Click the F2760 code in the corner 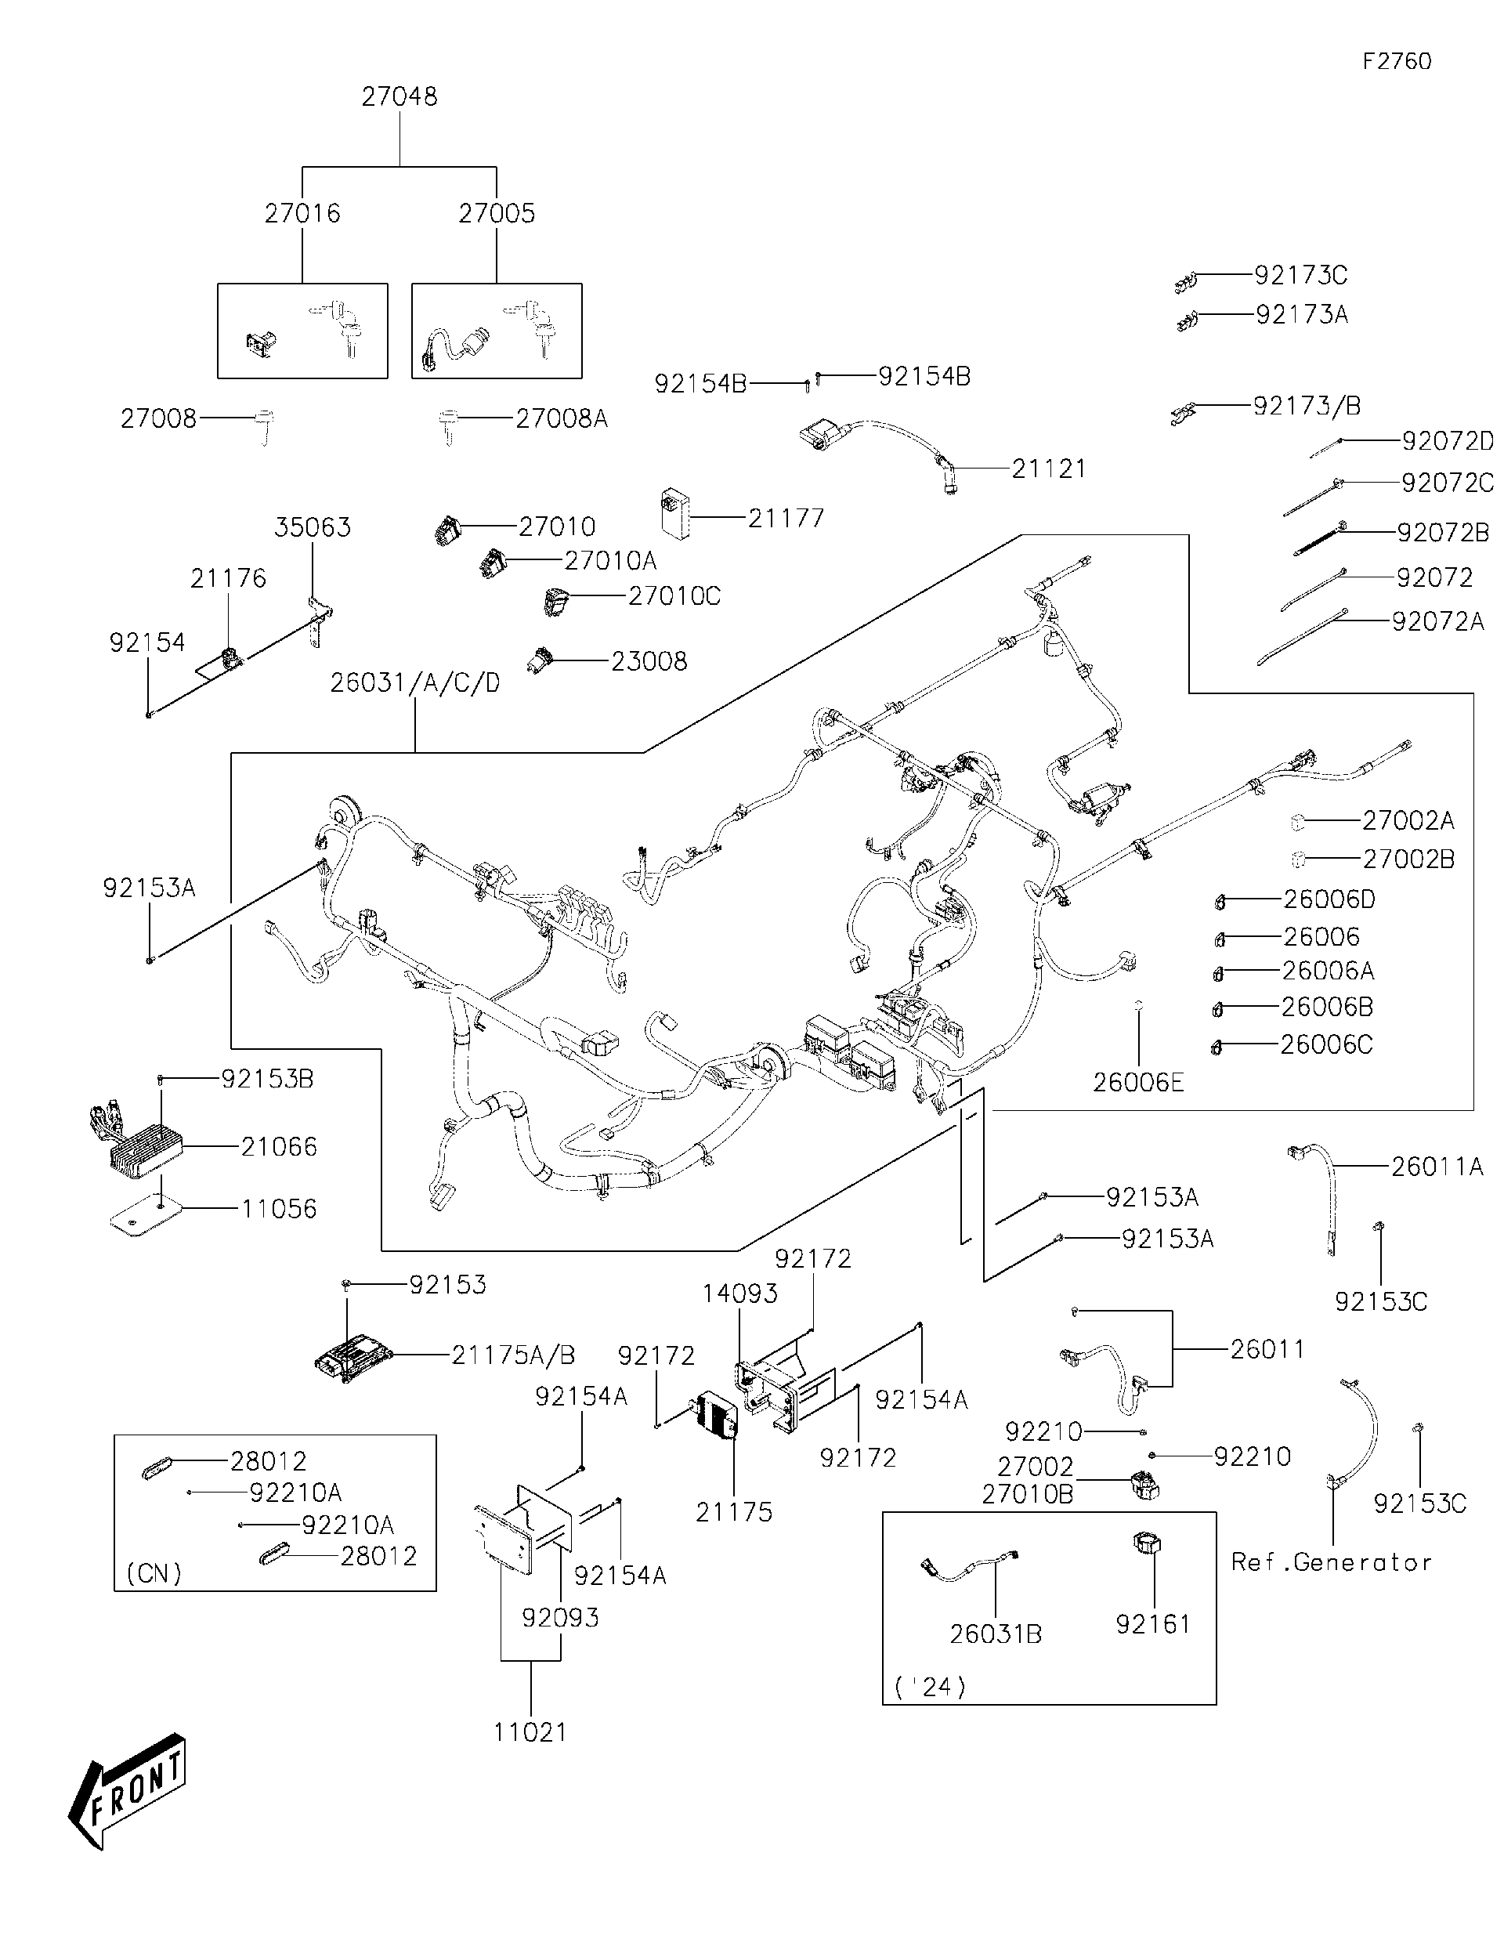1397,61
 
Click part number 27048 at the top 399,97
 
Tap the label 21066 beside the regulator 278,1147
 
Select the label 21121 1049,469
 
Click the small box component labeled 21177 676,513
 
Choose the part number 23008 649,662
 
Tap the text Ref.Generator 1331,1562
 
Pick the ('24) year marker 930,1687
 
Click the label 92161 1153,1624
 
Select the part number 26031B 996,1634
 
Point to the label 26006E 1137,1083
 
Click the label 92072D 1447,441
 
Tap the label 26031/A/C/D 414,683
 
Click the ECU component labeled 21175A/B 354,1356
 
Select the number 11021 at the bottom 530,1732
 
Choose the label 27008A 561,418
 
